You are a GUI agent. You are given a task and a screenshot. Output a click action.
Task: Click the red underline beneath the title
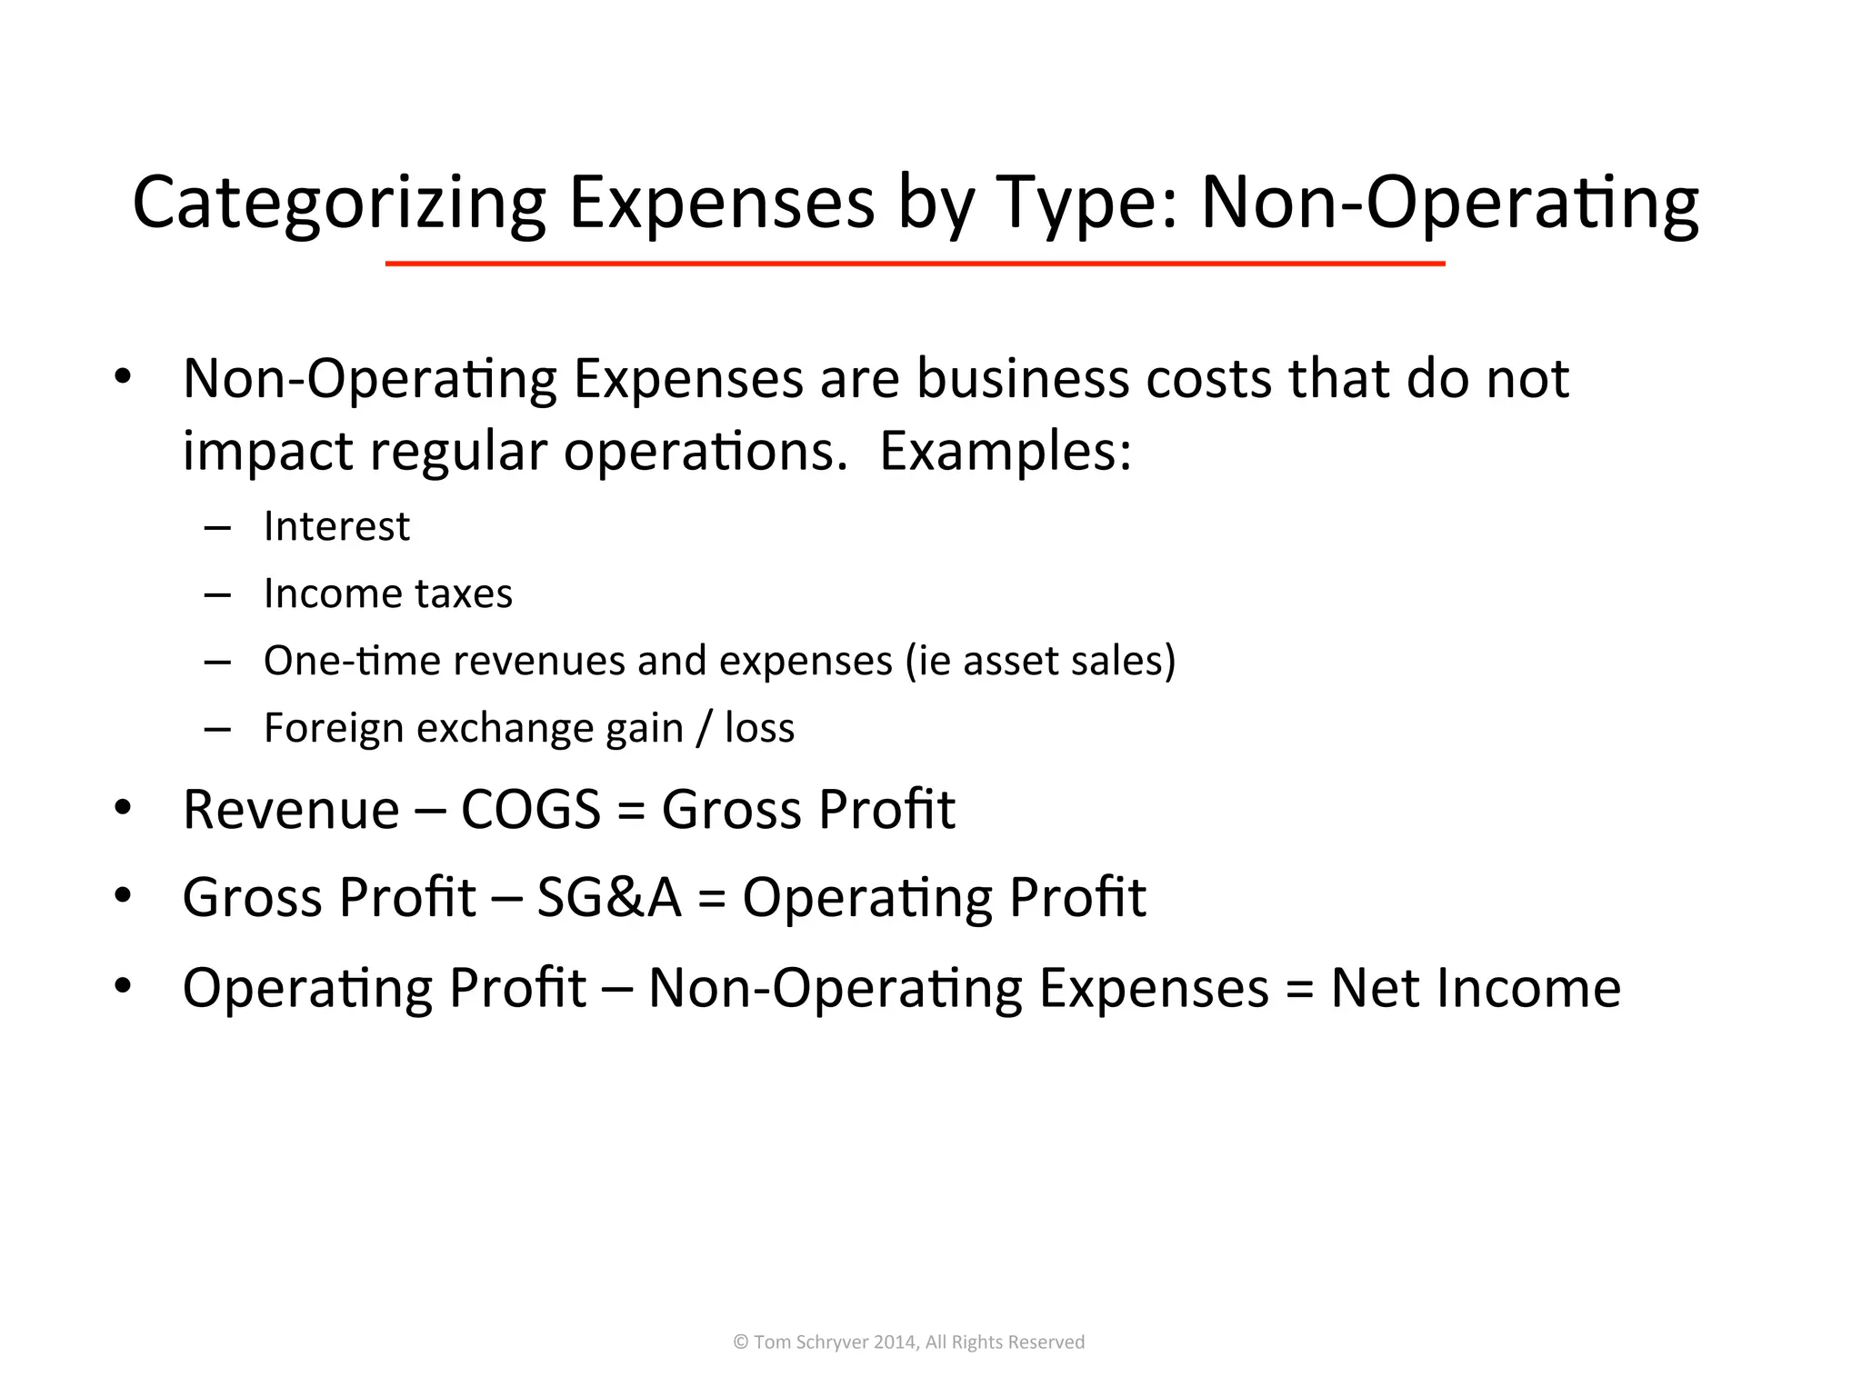coord(915,264)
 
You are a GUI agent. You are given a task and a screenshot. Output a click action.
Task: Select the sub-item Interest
coord(336,526)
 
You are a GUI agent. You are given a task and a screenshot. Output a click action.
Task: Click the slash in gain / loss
coord(703,728)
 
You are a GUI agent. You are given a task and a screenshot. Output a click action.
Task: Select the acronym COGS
coord(531,809)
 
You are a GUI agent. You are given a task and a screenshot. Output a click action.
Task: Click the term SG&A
coord(609,897)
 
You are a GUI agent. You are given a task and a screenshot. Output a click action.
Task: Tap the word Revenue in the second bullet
coord(291,809)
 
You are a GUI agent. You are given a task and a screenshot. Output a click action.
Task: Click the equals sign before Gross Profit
coord(631,811)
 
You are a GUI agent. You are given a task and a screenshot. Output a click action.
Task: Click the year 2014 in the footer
coord(896,1342)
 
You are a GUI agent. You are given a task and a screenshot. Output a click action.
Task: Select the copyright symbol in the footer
coord(741,1342)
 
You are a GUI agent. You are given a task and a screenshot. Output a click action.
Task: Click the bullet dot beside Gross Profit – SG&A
coord(123,896)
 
